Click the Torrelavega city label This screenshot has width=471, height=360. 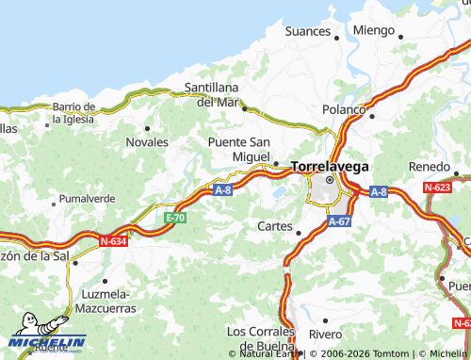click(330, 166)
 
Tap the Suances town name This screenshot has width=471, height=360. click(307, 31)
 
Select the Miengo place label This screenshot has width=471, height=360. click(374, 30)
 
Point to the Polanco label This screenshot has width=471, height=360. click(344, 109)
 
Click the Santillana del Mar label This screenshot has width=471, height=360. click(212, 94)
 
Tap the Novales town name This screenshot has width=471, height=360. click(147, 142)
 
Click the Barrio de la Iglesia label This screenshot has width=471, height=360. click(73, 112)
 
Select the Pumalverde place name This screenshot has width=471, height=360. click(87, 199)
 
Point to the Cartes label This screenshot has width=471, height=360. click(275, 226)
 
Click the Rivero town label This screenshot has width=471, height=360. click(325, 334)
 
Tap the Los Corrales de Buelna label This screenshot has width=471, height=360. click(261, 337)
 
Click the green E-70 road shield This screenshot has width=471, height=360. click(174, 218)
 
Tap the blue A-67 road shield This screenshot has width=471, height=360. click(340, 221)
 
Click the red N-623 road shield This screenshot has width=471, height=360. click(437, 188)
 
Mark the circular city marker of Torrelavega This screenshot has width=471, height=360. click(330, 180)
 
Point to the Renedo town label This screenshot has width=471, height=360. click(429, 167)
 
